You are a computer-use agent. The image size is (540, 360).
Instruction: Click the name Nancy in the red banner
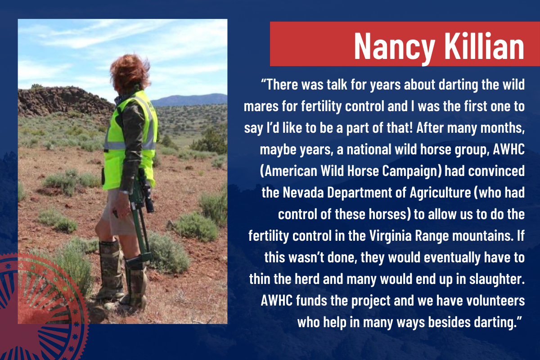click(394, 46)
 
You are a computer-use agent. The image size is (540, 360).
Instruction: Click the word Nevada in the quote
click(303, 193)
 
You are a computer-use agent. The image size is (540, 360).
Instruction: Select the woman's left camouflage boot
click(135, 282)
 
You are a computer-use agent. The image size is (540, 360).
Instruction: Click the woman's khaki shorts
click(118, 212)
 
